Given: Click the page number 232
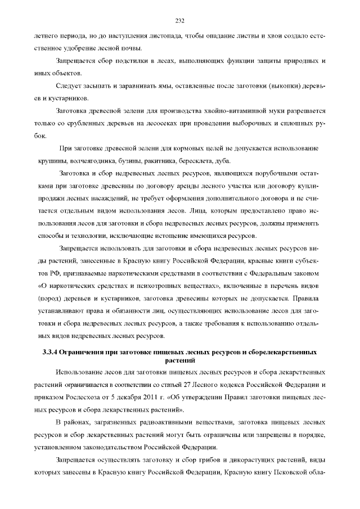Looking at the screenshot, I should pos(180,21).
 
